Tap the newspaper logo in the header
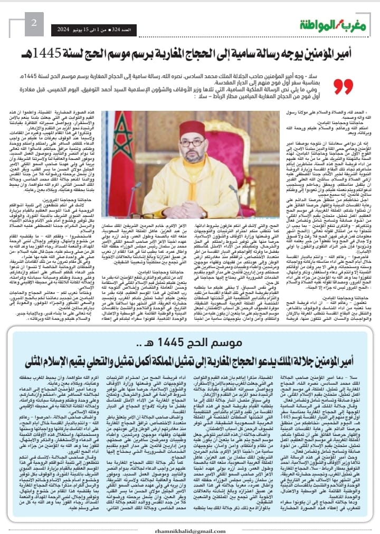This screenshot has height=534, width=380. coord(328,24)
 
